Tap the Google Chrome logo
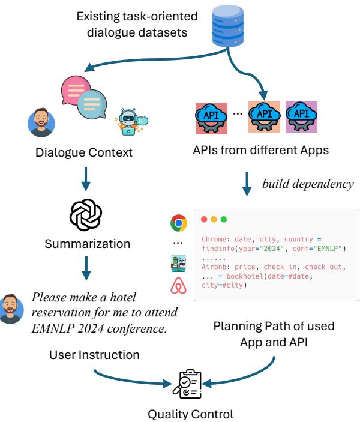click(178, 223)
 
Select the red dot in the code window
click(205, 220)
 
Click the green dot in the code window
click(224, 220)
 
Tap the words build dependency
click(307, 184)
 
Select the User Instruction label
click(94, 355)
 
